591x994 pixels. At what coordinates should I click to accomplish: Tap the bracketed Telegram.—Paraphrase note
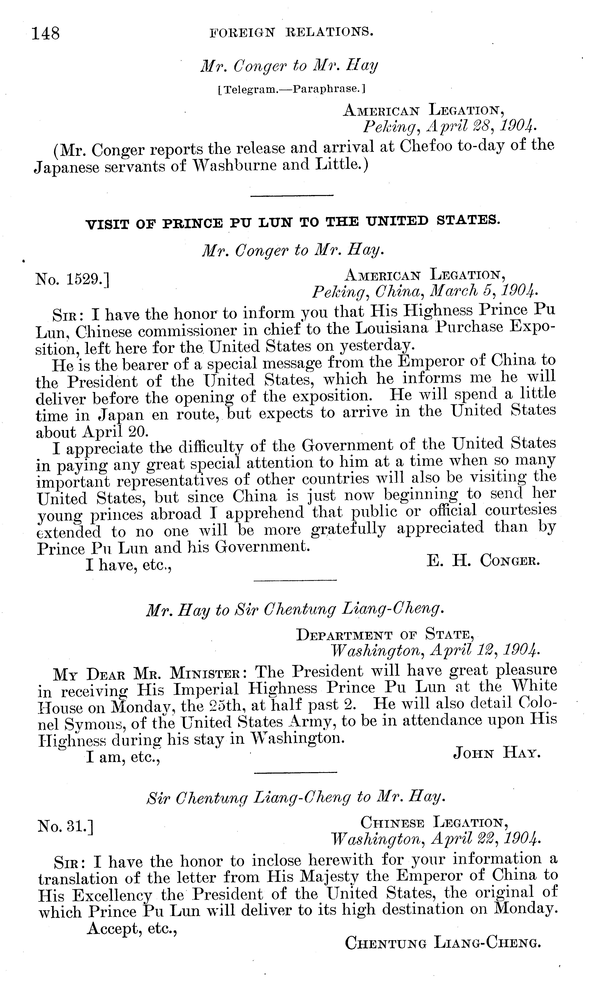(x=291, y=89)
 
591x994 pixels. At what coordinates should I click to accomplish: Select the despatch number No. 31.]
(x=65, y=827)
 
